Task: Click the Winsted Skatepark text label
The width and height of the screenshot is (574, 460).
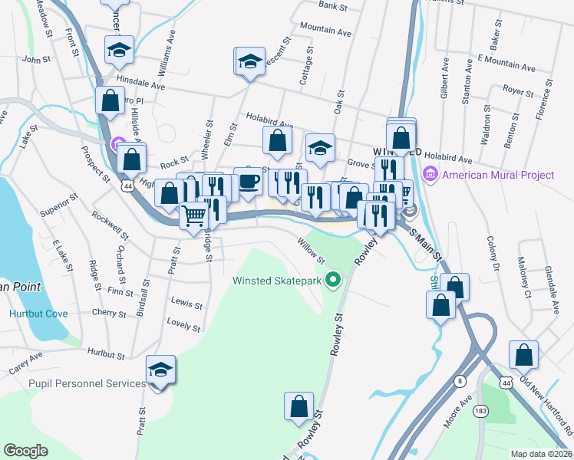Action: (276, 281)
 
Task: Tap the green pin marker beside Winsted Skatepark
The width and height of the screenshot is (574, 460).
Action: (332, 281)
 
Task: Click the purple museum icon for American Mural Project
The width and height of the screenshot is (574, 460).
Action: (430, 175)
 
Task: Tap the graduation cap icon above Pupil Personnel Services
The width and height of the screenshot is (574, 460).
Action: (160, 370)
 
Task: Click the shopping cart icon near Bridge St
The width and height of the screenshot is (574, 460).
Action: (194, 215)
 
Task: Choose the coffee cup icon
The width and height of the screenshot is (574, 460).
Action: (248, 182)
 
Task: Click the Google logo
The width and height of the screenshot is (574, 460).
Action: (25, 450)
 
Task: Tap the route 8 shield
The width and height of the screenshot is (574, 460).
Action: (460, 381)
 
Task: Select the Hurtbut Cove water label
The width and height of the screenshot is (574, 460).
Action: (38, 314)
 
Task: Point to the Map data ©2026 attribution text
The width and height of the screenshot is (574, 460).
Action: (541, 454)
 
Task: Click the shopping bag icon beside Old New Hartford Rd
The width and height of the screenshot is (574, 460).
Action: (523, 356)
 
